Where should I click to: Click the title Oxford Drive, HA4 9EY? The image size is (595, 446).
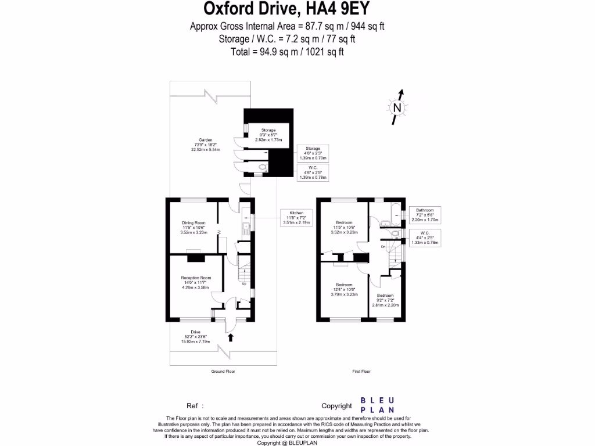286,9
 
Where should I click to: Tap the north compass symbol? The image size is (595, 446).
397,107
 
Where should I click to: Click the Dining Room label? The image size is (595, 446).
193,228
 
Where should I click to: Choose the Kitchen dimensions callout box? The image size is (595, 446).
296,217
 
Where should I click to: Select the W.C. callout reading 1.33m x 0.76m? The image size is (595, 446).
424,238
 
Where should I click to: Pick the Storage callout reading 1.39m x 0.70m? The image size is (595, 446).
313,153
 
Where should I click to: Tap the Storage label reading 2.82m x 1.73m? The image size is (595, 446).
268,135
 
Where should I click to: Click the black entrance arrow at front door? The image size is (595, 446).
231,336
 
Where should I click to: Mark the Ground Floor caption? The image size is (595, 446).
223,371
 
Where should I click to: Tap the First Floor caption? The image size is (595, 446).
361,371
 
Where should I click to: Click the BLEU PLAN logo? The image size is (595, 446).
378,405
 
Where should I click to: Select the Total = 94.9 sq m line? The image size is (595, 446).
286,52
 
